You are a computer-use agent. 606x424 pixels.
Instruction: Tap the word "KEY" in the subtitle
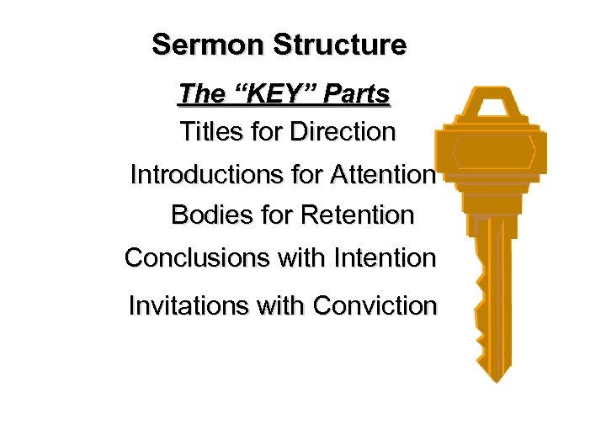(x=272, y=94)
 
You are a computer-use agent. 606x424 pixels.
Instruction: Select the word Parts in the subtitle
(x=357, y=94)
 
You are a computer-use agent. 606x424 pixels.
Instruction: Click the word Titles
(x=207, y=132)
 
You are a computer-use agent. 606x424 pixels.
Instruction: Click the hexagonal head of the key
(x=494, y=151)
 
